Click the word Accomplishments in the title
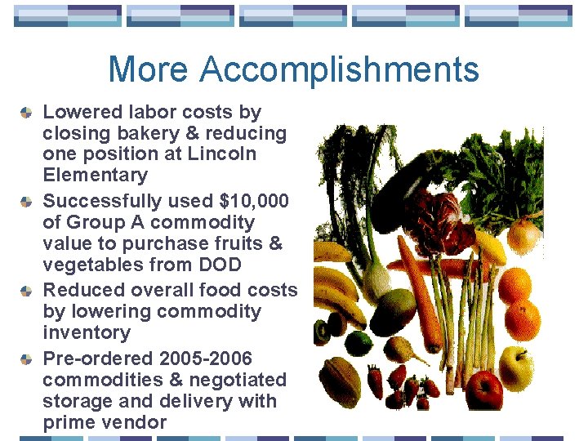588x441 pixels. (x=339, y=69)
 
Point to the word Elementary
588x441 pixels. (x=95, y=175)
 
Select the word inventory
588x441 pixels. (x=87, y=332)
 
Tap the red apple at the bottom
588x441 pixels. (x=484, y=390)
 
